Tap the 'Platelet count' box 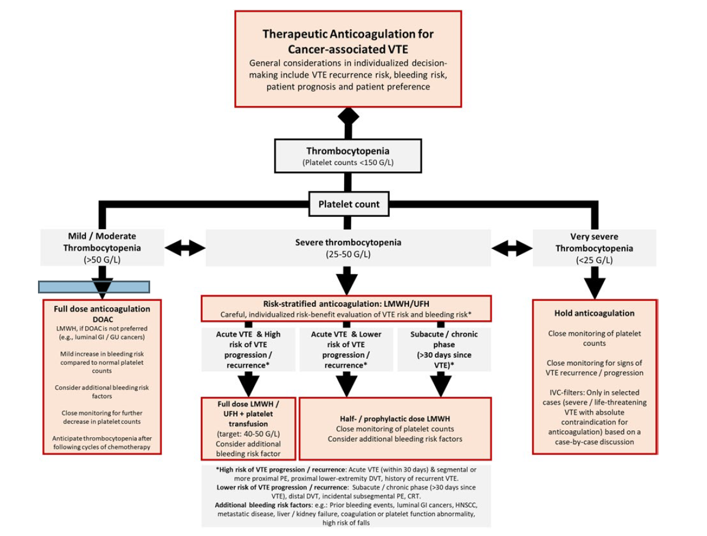[x=348, y=205]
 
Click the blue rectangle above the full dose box [x=94, y=286]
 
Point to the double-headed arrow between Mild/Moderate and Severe [x=185, y=248]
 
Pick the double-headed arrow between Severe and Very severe [x=512, y=248]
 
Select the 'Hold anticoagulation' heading [x=594, y=313]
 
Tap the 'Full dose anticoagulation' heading [x=102, y=309]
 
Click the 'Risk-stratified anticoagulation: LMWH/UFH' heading [x=346, y=304]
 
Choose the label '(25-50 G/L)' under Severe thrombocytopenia [x=348, y=255]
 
